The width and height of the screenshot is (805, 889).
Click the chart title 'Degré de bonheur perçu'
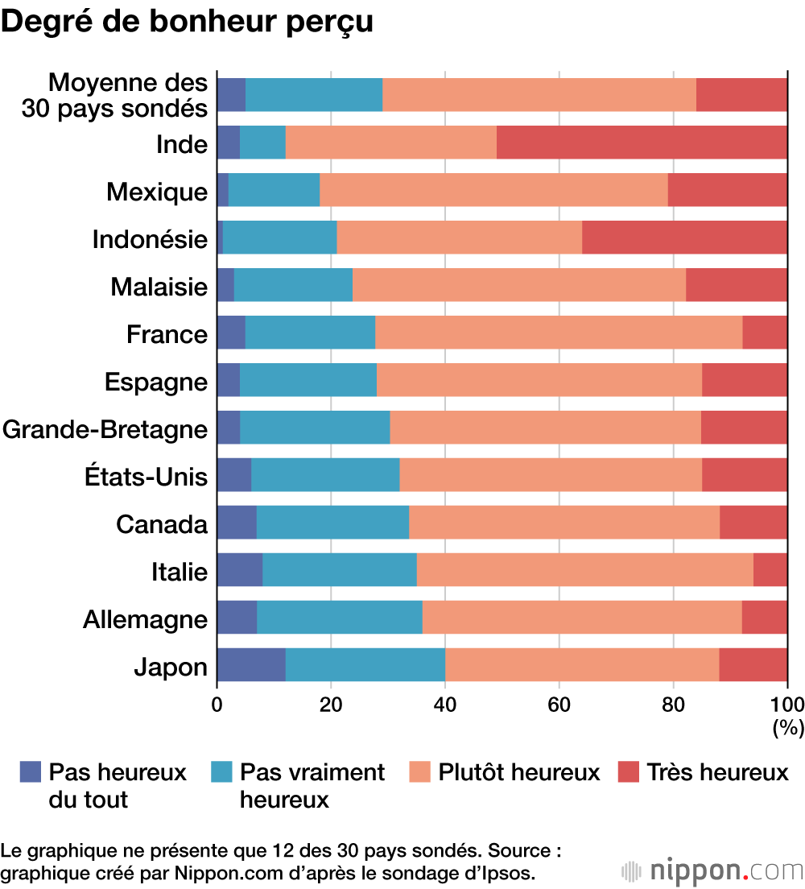[x=187, y=22]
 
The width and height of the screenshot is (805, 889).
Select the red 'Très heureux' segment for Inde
[x=642, y=143]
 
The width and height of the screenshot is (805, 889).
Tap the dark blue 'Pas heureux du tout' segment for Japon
[x=251, y=664]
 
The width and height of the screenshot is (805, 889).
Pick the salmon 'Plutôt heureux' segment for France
[x=559, y=333]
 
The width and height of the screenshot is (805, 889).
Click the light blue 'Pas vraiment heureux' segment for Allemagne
[x=340, y=617]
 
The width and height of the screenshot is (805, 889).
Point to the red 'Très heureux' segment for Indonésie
[x=684, y=238]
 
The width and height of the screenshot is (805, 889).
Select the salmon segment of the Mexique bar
[x=493, y=190]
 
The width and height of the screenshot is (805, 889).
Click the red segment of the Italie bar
[x=770, y=569]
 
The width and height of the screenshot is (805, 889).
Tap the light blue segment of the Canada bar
[x=332, y=522]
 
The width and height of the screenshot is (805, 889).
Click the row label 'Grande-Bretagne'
[x=105, y=429]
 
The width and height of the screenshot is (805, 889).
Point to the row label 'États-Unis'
[x=146, y=477]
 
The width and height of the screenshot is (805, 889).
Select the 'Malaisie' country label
[x=159, y=287]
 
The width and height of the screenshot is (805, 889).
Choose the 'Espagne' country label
[x=155, y=382]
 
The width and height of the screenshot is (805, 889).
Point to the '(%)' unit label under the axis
[x=788, y=728]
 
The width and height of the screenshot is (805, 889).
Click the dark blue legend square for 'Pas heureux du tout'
[x=30, y=773]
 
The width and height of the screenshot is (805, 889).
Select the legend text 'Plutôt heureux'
[x=519, y=773]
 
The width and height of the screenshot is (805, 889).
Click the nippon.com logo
[x=713, y=871]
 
